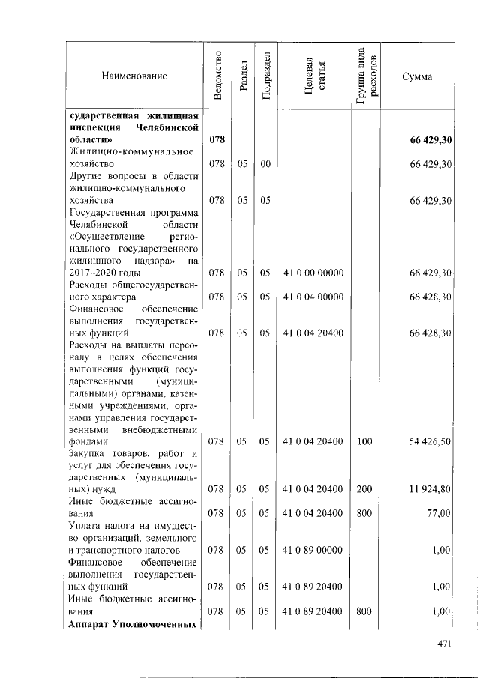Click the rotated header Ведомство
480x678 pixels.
tap(217, 76)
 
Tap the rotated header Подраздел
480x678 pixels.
tap(265, 76)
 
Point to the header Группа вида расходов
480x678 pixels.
tap(365, 76)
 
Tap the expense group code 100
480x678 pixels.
tap(364, 442)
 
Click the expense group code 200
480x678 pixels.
tap(364, 488)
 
